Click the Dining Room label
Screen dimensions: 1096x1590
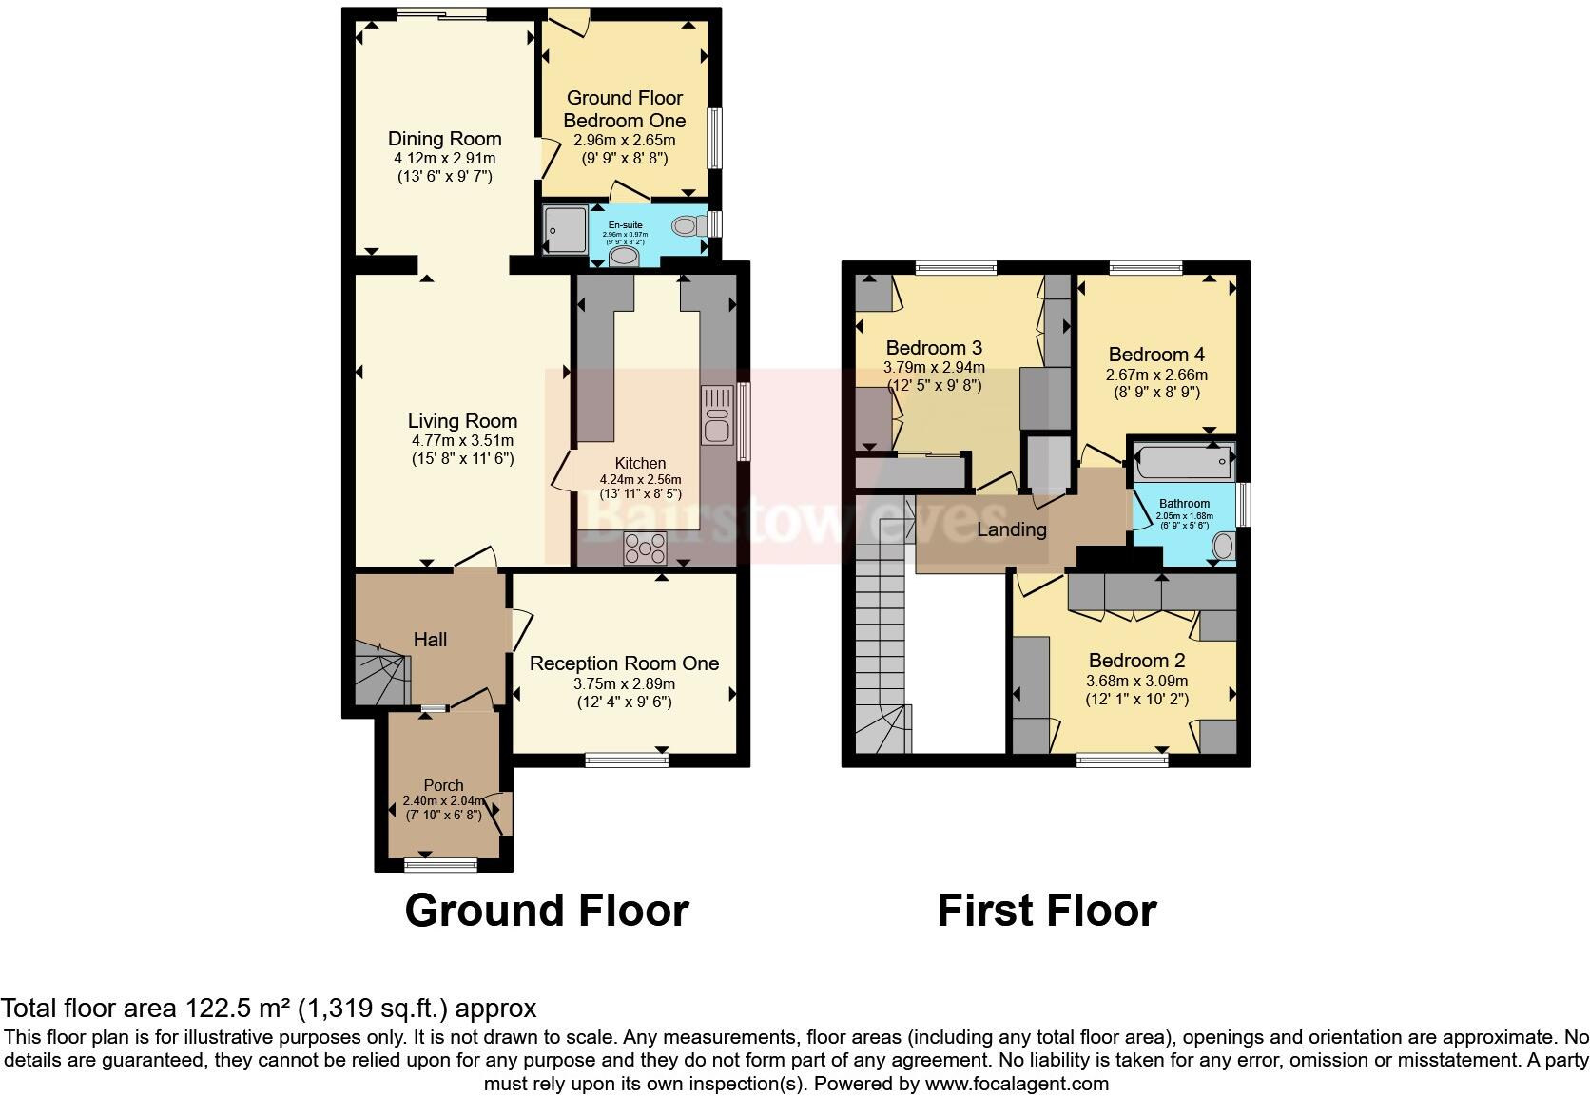pos(444,139)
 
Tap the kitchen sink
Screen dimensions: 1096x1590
pos(717,415)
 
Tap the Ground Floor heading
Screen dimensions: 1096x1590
pos(546,911)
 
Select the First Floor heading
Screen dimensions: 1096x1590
pos(1046,911)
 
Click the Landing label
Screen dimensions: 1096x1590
pos(1011,529)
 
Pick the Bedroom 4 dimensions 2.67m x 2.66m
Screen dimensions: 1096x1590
pos(1156,375)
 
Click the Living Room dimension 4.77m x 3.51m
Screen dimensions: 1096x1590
pos(462,441)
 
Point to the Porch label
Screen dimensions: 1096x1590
pos(443,785)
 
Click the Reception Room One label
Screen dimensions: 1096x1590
pos(624,663)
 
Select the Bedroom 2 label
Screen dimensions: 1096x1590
pos(1136,661)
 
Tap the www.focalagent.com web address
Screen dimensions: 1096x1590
pos(1016,1083)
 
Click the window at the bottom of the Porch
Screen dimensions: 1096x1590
pos(440,864)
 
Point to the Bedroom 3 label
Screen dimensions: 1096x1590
pos(934,347)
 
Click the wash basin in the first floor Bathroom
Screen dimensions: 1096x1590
pos(1223,546)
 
